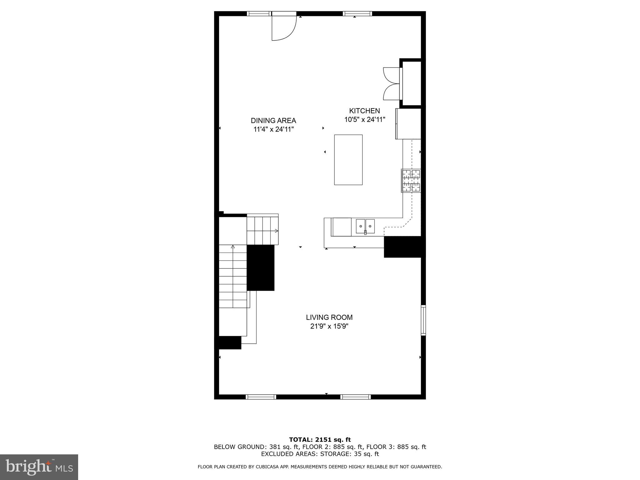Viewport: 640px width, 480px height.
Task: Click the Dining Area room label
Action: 273,121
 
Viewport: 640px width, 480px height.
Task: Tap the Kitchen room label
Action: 364,111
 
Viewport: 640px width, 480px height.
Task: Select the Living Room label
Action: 329,317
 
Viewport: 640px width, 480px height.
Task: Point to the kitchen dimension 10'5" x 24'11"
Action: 365,119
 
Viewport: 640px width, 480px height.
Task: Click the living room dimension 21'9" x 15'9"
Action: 329,326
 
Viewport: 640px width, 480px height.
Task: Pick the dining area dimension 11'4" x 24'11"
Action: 273,129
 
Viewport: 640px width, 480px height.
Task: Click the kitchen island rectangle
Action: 348,160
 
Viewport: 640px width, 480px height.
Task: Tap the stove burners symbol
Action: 411,181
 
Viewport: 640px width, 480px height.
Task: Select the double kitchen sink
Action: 365,227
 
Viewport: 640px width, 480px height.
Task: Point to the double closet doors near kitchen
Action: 392,83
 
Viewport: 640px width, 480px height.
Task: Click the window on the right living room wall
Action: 423,320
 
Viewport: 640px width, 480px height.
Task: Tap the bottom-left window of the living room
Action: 261,397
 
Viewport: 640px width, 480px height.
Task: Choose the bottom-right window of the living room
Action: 355,397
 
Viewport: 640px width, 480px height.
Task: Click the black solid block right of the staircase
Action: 261,268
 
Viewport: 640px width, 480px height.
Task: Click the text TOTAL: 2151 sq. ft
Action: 320,440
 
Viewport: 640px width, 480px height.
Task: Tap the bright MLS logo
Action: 39,467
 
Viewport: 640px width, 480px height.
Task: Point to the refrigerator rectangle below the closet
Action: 408,123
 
